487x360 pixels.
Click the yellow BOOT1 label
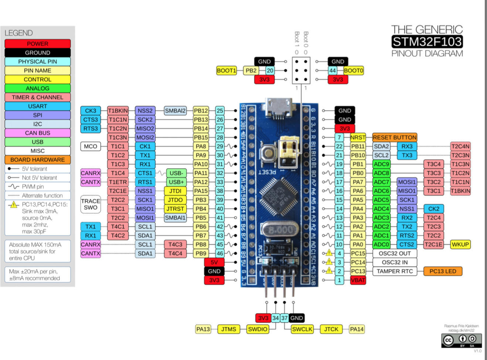point(226,71)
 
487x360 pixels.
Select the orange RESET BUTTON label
point(395,137)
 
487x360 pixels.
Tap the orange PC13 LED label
point(443,271)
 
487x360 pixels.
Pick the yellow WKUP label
point(460,244)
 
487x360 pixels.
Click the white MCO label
point(91,146)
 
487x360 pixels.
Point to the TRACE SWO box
point(91,204)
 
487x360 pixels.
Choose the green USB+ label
point(176,182)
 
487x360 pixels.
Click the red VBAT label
point(358,280)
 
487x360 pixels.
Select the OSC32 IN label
point(395,262)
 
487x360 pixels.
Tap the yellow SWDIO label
point(258,329)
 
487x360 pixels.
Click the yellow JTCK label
point(331,329)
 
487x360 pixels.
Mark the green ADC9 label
point(381,164)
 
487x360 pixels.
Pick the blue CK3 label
point(91,111)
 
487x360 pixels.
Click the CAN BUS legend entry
point(38,133)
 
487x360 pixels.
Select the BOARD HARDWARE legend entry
point(38,160)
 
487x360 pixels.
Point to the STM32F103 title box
point(427,41)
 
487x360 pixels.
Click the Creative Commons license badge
point(462,340)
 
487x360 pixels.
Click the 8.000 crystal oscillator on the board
point(280,230)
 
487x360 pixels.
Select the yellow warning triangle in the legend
point(14,205)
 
